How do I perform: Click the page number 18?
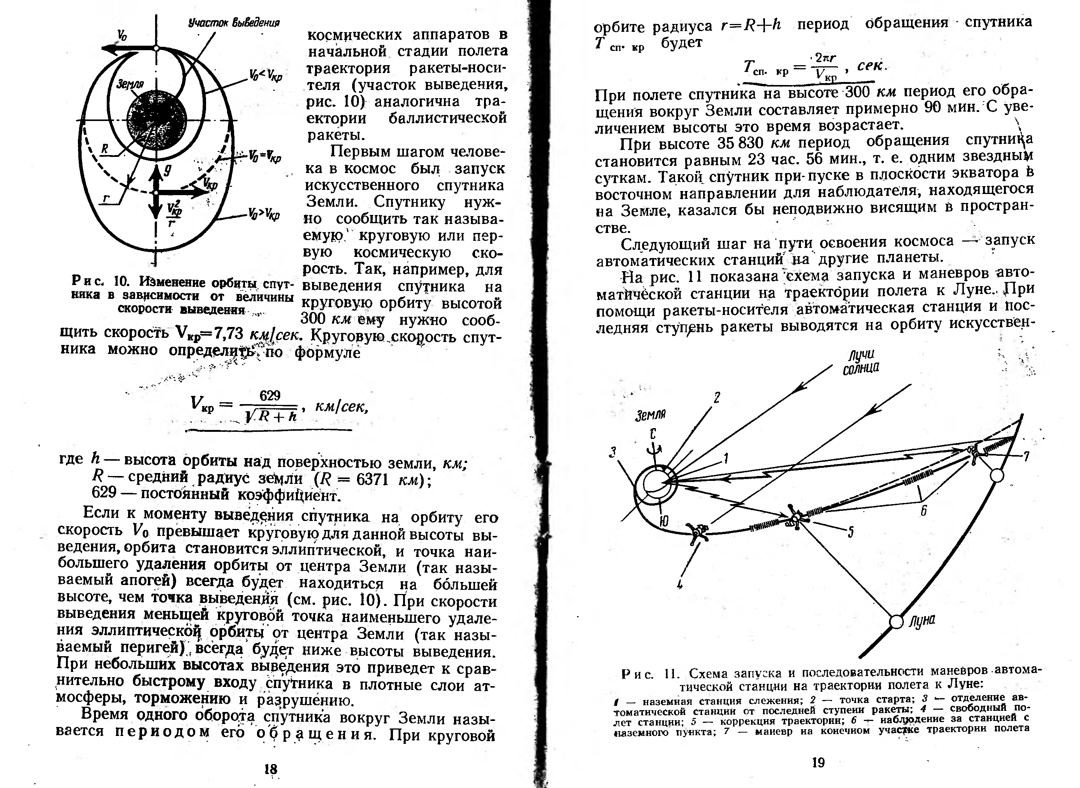click(x=270, y=769)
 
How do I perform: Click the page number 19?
click(x=818, y=762)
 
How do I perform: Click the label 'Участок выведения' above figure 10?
click(x=234, y=22)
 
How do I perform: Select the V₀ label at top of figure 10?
click(x=122, y=34)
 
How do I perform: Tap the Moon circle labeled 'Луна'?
click(x=896, y=622)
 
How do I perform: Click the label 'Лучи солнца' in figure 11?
click(x=861, y=361)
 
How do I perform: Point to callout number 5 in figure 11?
click(x=850, y=531)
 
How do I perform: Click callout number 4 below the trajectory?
click(x=680, y=584)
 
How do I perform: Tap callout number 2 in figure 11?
click(x=717, y=397)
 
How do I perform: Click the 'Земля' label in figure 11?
click(x=650, y=415)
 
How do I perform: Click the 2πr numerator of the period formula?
click(x=825, y=58)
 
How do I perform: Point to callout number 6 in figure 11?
click(x=923, y=511)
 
